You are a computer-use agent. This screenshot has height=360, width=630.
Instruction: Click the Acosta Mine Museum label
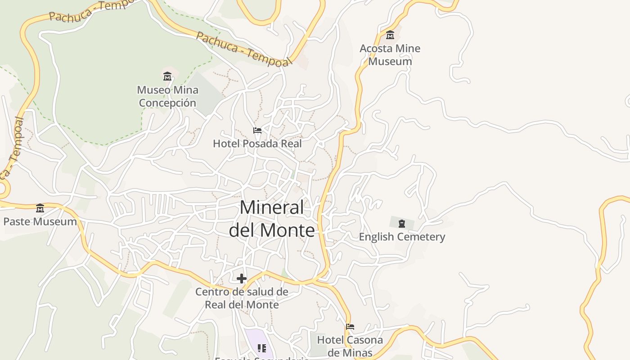point(390,55)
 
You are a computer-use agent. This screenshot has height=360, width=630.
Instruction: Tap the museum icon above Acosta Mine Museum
point(390,35)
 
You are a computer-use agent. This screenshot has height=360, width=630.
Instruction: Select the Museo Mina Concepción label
point(167,96)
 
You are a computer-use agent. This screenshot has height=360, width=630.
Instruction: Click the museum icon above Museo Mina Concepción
point(167,76)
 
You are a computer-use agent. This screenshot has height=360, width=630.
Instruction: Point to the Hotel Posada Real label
point(257,144)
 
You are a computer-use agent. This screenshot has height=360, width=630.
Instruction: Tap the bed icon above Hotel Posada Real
point(257,130)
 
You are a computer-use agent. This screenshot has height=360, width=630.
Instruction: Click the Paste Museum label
point(40,221)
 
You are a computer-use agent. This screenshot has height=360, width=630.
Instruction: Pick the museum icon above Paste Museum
point(40,208)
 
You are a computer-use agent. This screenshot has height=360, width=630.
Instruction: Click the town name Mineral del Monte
point(272,219)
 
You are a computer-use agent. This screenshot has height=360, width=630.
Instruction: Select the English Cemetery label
point(401,237)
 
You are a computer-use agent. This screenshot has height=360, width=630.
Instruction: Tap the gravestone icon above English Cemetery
point(402,223)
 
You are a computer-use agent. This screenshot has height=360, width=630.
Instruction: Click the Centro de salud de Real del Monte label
point(242,298)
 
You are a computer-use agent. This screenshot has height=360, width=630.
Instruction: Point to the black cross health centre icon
point(242,279)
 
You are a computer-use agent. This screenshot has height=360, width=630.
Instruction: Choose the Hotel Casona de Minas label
point(350,346)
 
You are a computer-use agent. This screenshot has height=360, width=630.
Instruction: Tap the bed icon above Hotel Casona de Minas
point(350,326)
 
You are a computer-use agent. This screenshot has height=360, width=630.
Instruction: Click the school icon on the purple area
point(261,348)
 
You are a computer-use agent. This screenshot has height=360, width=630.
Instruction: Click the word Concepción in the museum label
point(167,103)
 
